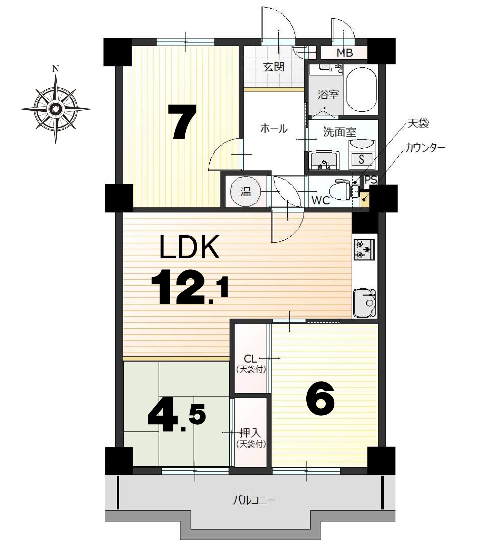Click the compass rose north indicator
click(x=55, y=69)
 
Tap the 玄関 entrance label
click(x=274, y=67)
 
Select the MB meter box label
click(x=345, y=53)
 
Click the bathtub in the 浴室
click(x=361, y=90)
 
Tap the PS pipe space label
click(x=371, y=180)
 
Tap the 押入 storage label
click(x=250, y=433)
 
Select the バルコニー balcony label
click(x=255, y=500)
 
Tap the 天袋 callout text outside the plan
click(x=418, y=123)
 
